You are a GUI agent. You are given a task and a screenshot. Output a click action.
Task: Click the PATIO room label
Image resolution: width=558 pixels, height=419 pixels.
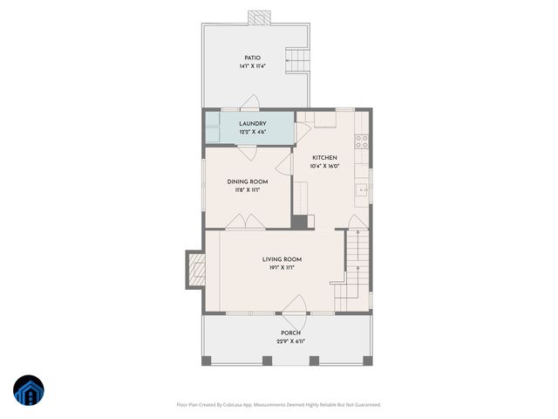coord(252,58)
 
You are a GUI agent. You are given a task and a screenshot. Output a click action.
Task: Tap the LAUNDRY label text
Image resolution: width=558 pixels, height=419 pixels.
coord(252,124)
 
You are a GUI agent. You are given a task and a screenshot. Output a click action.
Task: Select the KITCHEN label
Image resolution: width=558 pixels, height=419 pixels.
coord(324,157)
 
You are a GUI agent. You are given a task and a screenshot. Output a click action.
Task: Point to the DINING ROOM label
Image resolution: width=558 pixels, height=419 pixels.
coord(247,182)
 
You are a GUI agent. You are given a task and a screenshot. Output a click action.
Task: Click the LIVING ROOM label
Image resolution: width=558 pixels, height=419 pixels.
coord(282,259)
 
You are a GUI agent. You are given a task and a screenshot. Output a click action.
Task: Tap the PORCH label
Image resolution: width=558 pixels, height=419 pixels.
coord(290,333)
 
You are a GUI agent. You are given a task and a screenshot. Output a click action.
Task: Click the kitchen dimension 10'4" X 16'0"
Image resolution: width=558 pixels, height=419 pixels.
coord(324,166)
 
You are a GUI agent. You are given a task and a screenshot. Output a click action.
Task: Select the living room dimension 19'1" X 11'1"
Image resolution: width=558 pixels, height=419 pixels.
coord(282,268)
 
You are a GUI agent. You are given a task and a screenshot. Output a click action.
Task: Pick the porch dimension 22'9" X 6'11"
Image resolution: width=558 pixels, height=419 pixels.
coord(290,341)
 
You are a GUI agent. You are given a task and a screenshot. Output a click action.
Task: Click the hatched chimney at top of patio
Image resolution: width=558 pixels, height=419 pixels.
coord(258,17)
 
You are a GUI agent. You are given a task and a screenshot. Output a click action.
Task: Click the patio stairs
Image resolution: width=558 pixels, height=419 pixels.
coord(299,62)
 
